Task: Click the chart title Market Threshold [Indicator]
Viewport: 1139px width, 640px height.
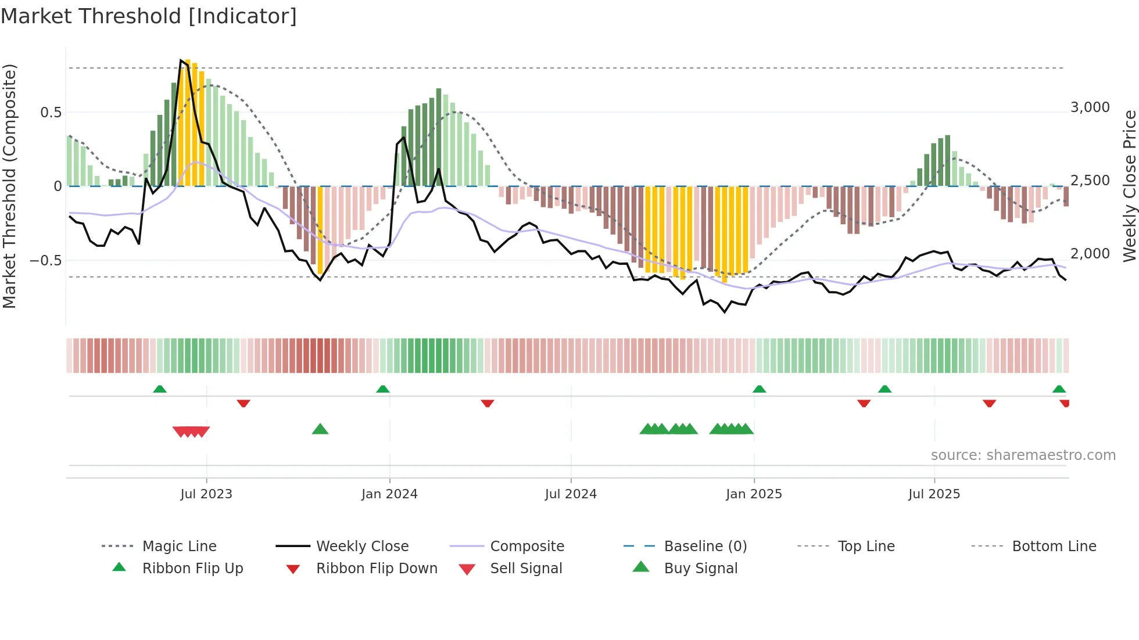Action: (149, 16)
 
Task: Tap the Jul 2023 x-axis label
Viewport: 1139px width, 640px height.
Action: (206, 494)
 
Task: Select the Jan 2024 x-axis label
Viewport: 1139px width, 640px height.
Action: (389, 494)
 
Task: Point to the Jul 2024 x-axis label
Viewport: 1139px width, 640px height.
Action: (571, 494)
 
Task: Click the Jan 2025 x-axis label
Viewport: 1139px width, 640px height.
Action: (754, 494)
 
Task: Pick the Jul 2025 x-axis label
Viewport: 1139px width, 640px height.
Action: (934, 494)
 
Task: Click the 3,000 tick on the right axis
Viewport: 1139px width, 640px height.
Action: (1090, 107)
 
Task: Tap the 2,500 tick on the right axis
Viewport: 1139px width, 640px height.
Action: (1090, 181)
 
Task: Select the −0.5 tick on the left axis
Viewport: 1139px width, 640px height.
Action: (46, 260)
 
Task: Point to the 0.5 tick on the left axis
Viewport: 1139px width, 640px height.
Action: (51, 112)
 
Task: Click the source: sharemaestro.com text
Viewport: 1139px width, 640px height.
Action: (1023, 455)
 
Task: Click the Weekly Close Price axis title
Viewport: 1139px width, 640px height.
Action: (1129, 186)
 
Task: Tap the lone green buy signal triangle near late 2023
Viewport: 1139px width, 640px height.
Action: (320, 429)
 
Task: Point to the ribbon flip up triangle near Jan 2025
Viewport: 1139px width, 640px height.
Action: (759, 389)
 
